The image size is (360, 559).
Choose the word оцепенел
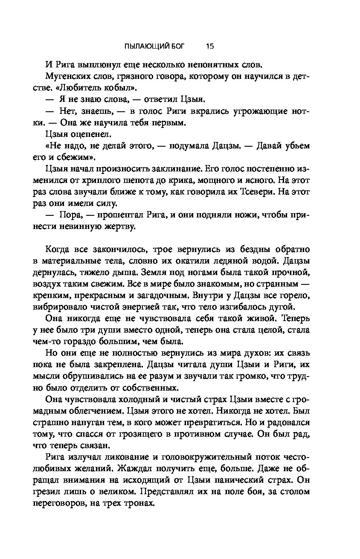(x=88, y=135)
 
